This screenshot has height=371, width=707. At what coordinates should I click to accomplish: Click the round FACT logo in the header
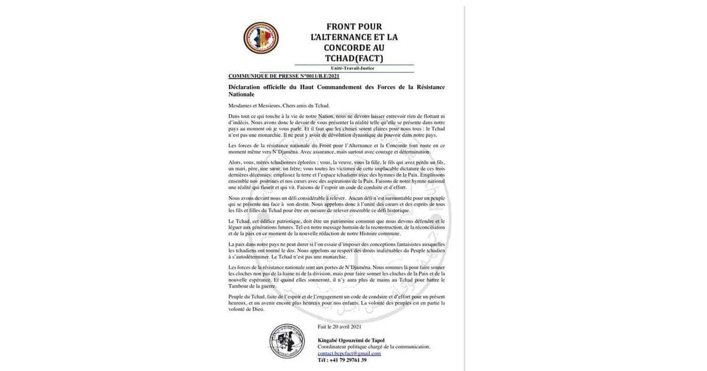click(260, 38)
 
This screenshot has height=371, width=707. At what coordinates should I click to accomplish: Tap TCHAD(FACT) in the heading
click(354, 58)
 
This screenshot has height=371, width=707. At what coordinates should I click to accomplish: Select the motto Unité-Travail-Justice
click(353, 68)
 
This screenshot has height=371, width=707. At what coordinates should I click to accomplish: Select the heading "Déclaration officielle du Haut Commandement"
click(336, 87)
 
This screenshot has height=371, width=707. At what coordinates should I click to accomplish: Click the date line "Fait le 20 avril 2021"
click(339, 326)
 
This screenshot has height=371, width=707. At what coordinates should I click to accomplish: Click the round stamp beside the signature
click(287, 341)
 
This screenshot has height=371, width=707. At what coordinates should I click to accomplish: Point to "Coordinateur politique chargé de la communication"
click(374, 347)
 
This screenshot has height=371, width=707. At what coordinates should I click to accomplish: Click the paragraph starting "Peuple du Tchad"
click(336, 303)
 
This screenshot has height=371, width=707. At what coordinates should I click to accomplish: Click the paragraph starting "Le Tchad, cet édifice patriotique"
click(336, 227)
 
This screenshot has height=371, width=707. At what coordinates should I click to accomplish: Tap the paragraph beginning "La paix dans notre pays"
click(336, 251)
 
